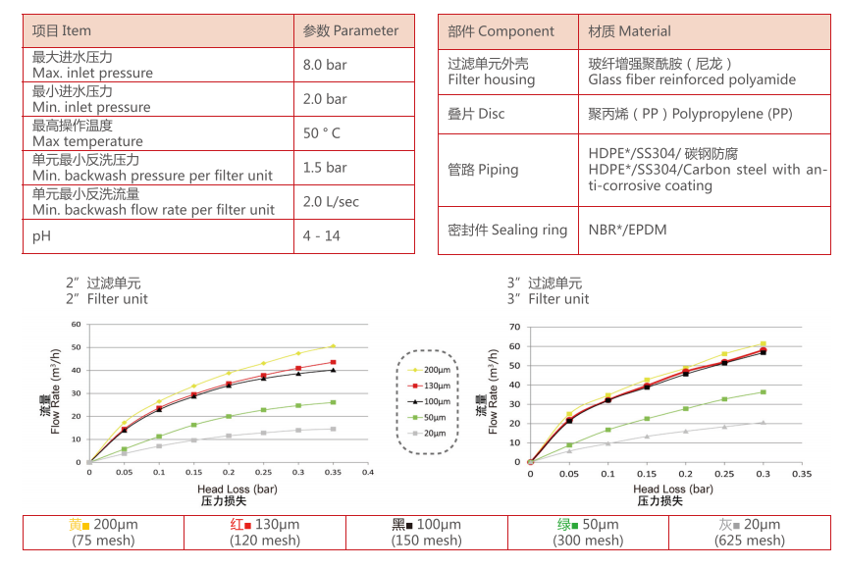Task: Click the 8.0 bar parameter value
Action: tap(325, 65)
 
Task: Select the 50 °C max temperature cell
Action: tap(322, 133)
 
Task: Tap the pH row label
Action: tap(41, 235)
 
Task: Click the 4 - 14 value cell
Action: tap(321, 235)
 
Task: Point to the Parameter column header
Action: tap(350, 30)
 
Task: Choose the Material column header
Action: tap(629, 30)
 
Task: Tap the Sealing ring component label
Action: tap(507, 230)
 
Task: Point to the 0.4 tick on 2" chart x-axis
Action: tap(367, 472)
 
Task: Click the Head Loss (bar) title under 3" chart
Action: tap(672, 489)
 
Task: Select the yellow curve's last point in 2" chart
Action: tap(333, 346)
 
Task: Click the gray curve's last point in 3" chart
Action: tap(763, 422)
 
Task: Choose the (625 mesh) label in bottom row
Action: tap(750, 541)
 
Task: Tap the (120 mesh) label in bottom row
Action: tap(264, 541)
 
